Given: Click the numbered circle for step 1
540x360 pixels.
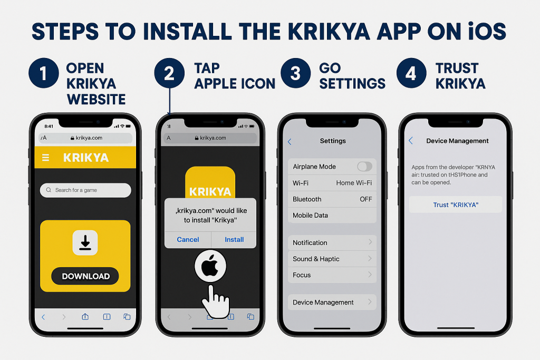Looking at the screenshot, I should (43, 73).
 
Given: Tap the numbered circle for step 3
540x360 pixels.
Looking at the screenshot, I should (295, 73).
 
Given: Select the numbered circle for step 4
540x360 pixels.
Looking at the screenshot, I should (411, 73).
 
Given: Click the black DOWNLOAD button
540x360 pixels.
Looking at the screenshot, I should (85, 276).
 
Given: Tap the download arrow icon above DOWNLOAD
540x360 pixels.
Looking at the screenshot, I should (85, 243).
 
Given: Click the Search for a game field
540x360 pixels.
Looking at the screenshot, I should (85, 190).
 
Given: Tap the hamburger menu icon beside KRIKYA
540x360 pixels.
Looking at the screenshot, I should (45, 158).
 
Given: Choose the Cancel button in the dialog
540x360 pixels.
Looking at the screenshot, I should (188, 239).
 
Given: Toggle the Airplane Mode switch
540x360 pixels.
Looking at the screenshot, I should (364, 167).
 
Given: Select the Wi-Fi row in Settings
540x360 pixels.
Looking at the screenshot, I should (332, 183).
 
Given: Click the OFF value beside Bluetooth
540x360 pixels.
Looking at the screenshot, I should (365, 199).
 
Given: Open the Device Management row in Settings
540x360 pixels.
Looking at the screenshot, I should (332, 302).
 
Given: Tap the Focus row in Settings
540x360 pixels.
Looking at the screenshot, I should (332, 275).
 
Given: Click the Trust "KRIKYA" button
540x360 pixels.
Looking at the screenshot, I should (456, 205).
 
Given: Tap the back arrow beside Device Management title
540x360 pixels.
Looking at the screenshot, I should (411, 141).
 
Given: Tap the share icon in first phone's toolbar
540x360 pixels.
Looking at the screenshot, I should (85, 317).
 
